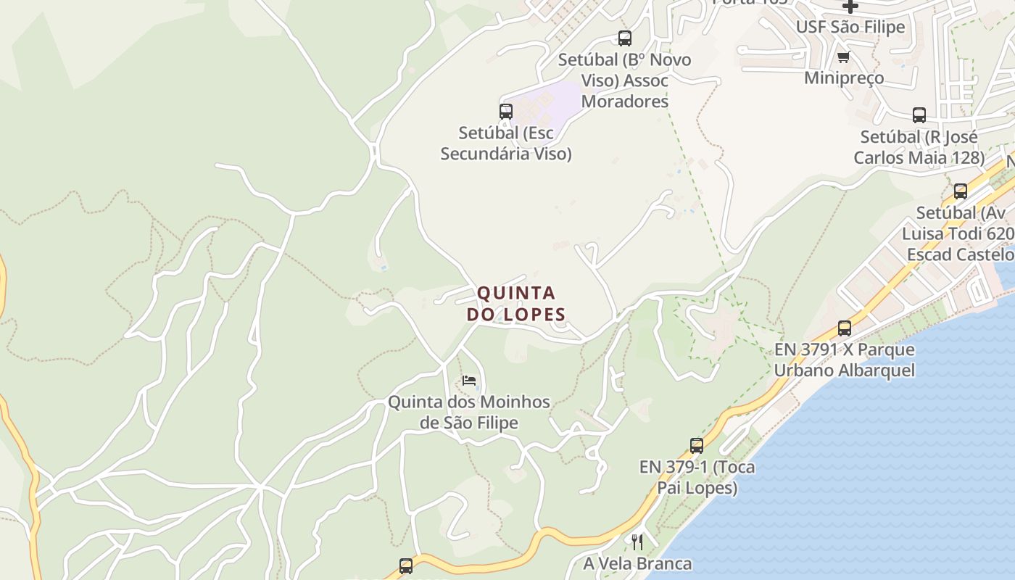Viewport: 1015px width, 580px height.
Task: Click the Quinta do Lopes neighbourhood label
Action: point(515,304)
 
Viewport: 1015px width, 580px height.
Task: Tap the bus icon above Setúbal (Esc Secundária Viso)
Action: point(506,112)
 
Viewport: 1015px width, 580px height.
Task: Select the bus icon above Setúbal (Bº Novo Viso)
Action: point(625,38)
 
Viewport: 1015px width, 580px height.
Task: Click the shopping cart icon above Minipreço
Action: point(843,57)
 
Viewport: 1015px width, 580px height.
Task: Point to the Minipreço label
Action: point(844,78)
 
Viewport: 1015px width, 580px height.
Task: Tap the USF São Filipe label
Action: point(850,28)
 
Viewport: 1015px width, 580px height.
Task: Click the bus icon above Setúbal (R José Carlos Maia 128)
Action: point(919,115)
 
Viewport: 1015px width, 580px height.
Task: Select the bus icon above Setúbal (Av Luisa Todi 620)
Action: point(961,191)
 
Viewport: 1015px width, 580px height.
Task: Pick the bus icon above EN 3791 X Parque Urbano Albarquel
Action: point(845,328)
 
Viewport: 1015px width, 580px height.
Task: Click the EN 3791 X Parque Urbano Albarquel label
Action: point(845,360)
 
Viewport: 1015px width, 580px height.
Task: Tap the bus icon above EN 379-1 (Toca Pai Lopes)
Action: point(697,446)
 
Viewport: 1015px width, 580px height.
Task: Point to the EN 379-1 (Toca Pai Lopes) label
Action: point(697,477)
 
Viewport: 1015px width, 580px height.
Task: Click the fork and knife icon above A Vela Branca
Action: point(637,542)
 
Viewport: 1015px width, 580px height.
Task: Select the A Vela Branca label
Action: point(637,563)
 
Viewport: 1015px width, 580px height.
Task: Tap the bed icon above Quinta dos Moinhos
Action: point(469,381)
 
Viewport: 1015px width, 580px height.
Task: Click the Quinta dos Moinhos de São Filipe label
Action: point(469,412)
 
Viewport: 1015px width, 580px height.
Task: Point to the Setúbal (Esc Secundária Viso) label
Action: point(506,144)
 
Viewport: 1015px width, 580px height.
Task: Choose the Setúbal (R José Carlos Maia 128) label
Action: point(919,147)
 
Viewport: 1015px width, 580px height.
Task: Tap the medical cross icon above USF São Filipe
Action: point(850,7)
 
